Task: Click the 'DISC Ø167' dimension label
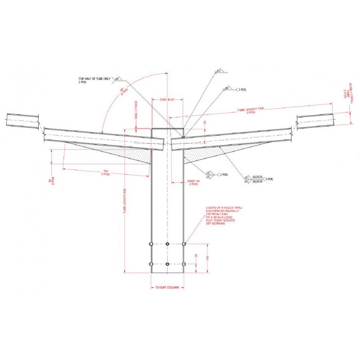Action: (167, 99)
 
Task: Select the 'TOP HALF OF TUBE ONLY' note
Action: (94, 79)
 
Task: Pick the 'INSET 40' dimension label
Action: (193, 181)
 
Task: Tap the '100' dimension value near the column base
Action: (208, 258)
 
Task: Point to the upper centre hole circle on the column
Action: (167, 244)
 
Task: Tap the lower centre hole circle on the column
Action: (167, 264)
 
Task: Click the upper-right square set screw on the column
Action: (184, 244)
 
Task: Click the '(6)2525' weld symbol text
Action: (257, 178)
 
